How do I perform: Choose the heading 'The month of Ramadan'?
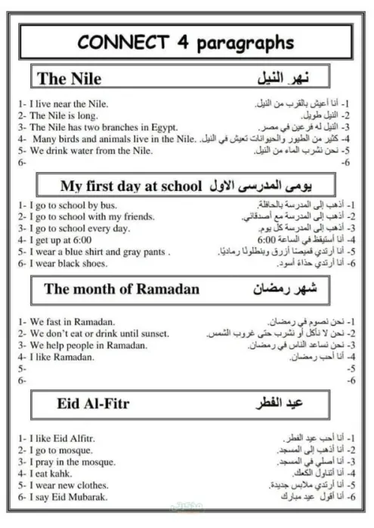tap(122, 289)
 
